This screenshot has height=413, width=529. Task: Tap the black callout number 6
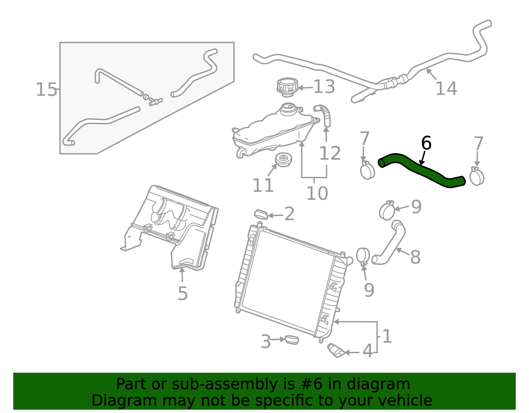coord(426,144)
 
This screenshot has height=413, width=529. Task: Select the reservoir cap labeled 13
coord(287,87)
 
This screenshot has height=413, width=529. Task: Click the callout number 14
coord(446,89)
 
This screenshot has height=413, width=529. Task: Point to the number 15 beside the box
coord(46,90)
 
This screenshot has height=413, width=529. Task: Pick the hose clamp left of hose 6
coord(367,170)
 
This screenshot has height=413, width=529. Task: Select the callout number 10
coord(317,193)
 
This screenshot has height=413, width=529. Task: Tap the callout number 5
coord(183,293)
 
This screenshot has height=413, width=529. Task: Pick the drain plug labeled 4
coord(335,351)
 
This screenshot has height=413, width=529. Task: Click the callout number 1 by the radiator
coord(387,337)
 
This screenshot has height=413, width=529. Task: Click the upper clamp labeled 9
coord(387,211)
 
